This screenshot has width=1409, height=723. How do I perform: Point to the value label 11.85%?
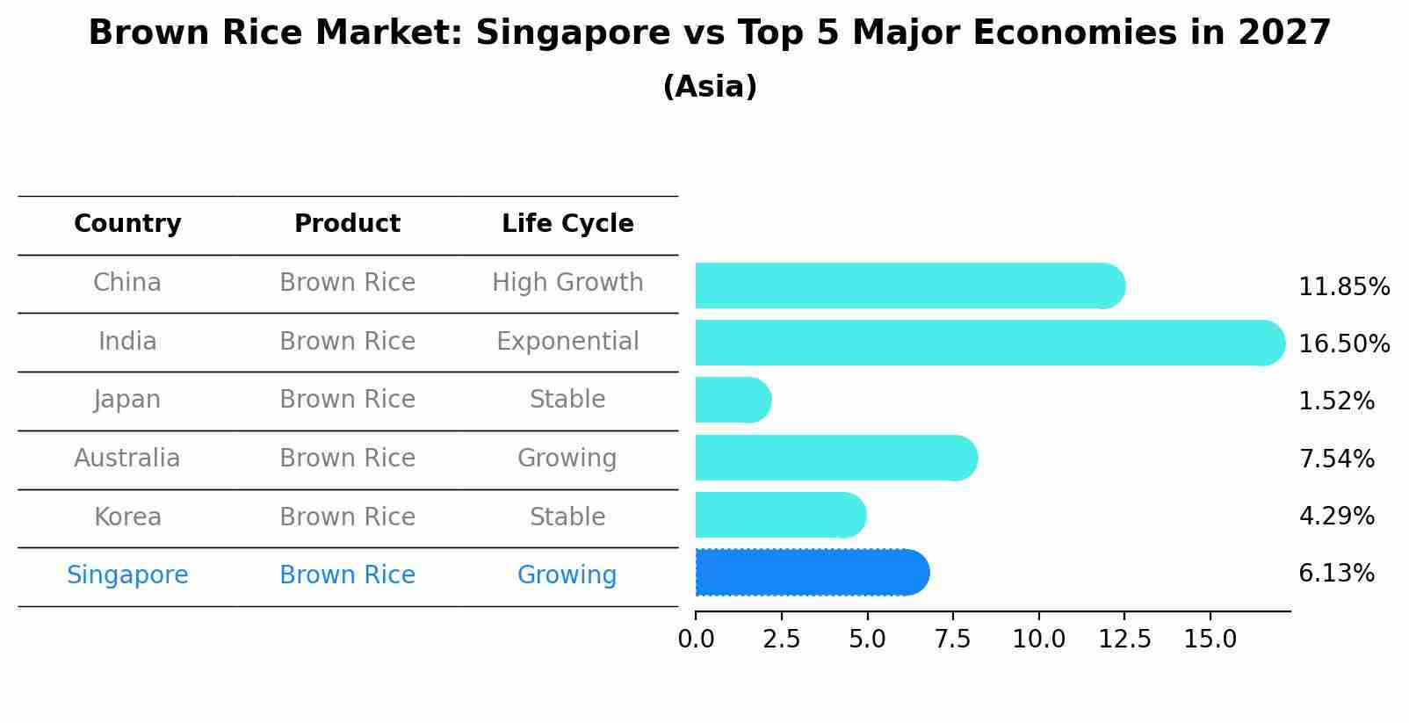click(1343, 287)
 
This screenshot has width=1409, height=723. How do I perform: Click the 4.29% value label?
click(1336, 516)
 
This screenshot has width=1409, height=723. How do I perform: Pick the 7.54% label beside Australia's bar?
click(1336, 459)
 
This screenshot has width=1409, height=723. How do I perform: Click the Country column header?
click(127, 224)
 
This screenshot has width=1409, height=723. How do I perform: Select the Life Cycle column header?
click(567, 224)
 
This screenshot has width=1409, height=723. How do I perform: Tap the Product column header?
click(347, 224)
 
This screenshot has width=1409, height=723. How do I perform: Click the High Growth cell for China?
click(567, 283)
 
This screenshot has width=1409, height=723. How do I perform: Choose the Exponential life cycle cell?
click(567, 341)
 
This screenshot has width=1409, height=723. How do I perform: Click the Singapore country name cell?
click(127, 575)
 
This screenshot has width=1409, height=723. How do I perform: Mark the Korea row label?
click(127, 517)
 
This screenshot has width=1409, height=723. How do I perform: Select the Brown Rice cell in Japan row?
click(347, 400)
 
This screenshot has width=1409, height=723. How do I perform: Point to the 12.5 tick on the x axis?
click(1124, 640)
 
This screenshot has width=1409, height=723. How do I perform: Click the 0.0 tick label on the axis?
click(696, 640)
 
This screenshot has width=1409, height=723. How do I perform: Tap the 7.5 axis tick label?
click(952, 640)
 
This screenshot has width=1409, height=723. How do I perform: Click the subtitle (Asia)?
click(710, 87)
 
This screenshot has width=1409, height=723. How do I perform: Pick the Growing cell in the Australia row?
click(567, 459)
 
